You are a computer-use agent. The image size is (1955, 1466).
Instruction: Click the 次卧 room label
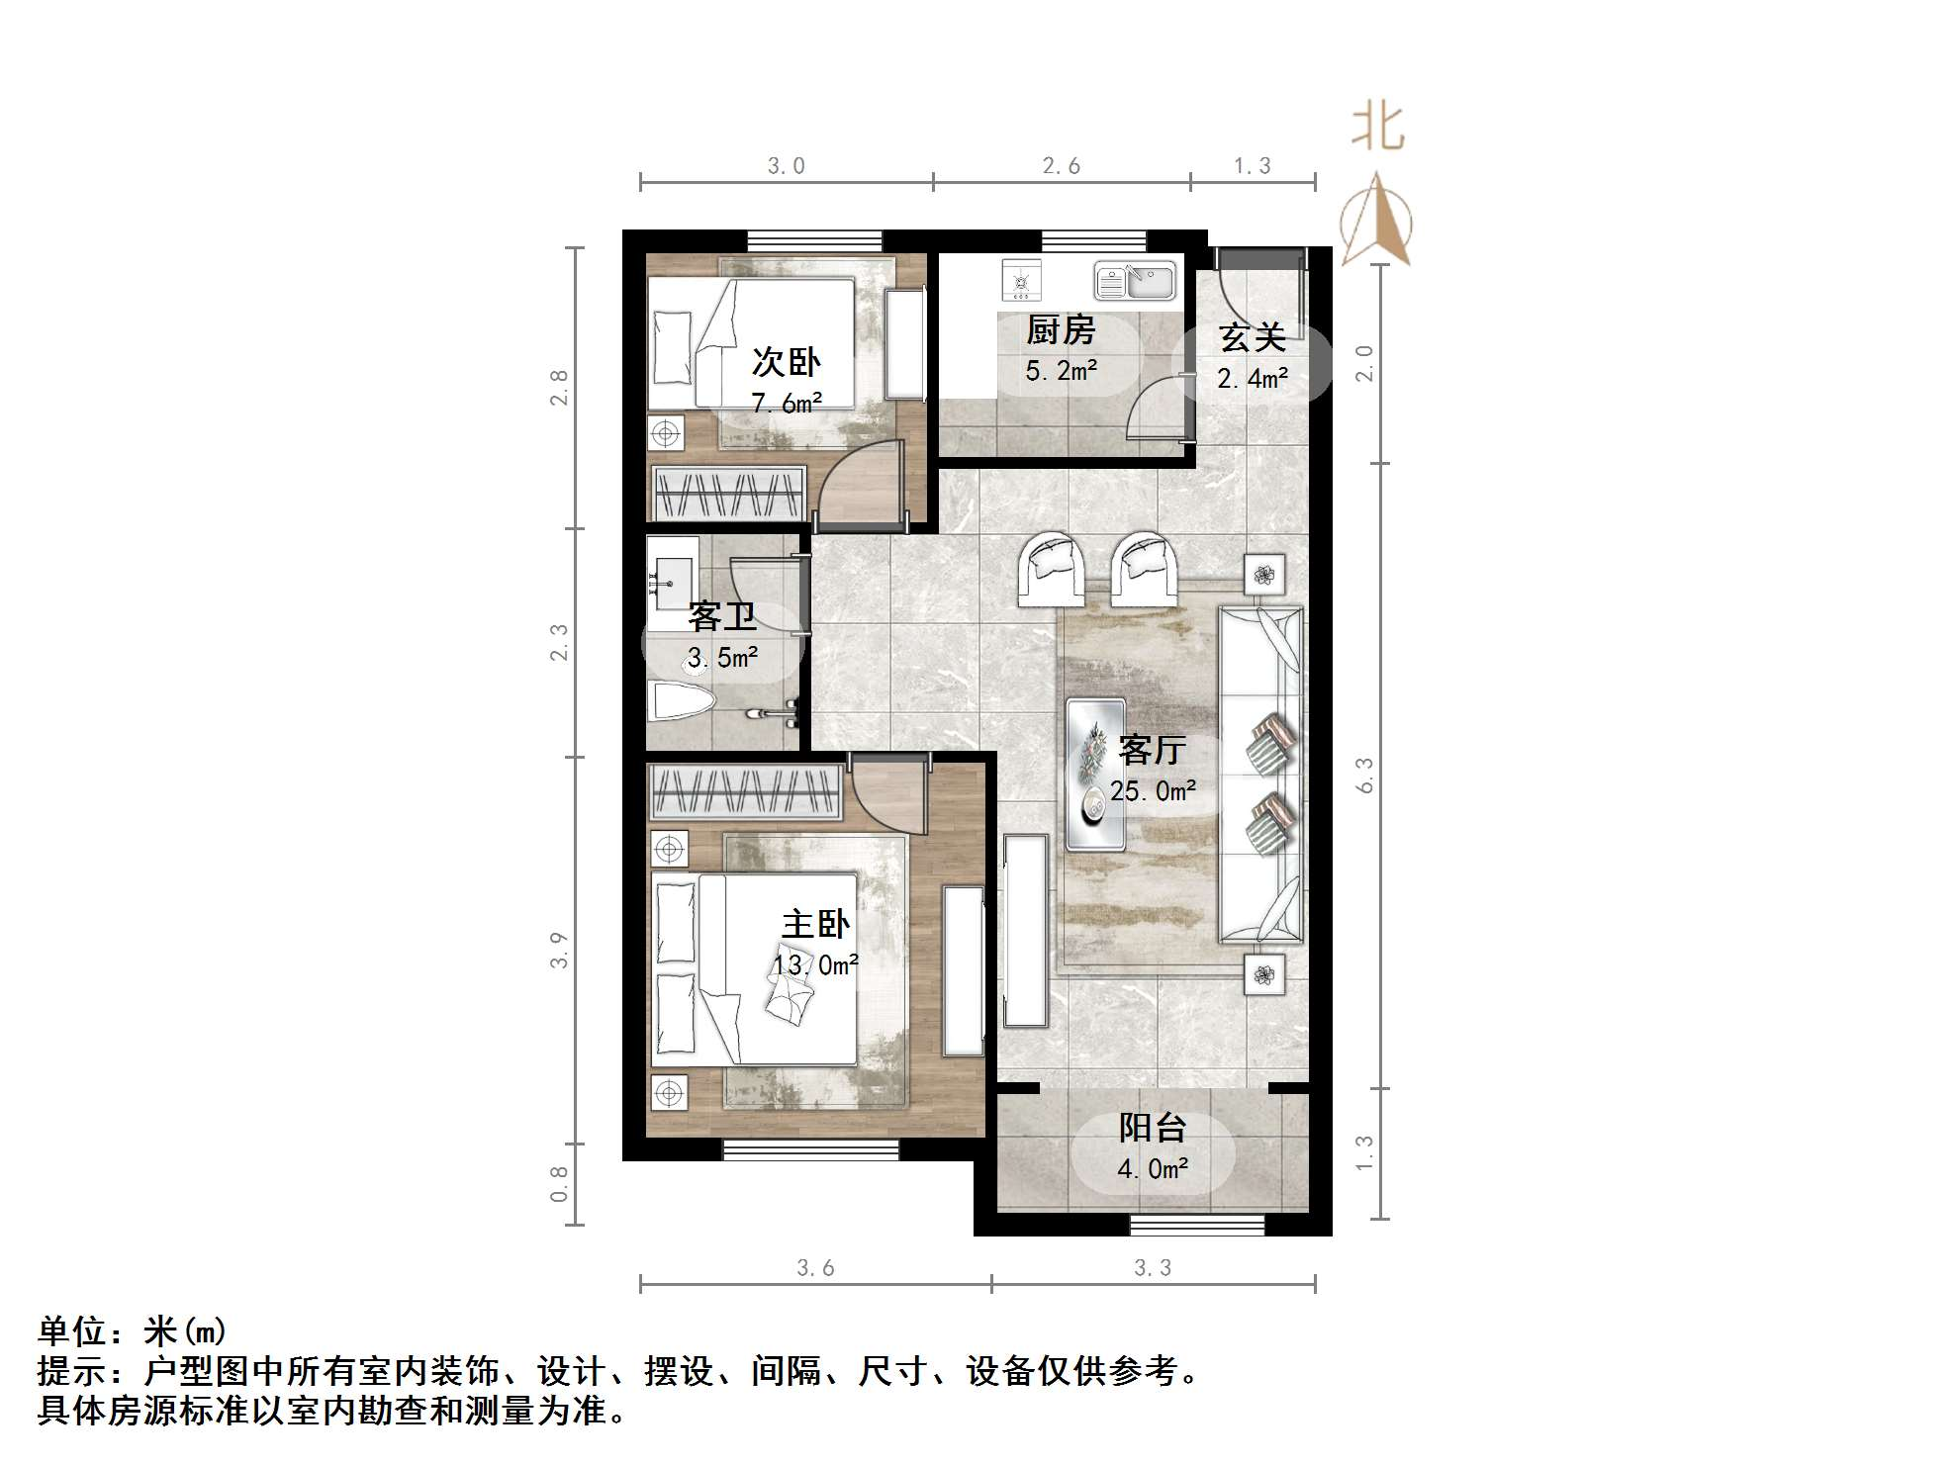tap(786, 362)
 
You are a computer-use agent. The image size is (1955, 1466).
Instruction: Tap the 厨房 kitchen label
tap(1061, 330)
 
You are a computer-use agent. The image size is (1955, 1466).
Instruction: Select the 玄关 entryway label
tap(1253, 338)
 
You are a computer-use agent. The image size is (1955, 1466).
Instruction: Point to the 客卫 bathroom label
tap(722, 617)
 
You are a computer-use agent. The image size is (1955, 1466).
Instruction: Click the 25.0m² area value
tap(1153, 791)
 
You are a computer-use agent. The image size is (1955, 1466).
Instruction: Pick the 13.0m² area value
tap(815, 964)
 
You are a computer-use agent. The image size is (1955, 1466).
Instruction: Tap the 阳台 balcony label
tap(1153, 1128)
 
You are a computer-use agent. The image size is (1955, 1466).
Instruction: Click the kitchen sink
tap(1135, 281)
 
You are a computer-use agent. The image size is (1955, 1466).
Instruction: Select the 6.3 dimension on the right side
tap(1364, 776)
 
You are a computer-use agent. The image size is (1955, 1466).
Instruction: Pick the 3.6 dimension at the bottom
tap(816, 1268)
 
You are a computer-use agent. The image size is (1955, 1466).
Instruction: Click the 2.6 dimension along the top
tap(1061, 166)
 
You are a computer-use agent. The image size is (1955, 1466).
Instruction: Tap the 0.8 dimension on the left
tap(559, 1184)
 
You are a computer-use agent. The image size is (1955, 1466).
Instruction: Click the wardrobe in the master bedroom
tap(745, 792)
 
